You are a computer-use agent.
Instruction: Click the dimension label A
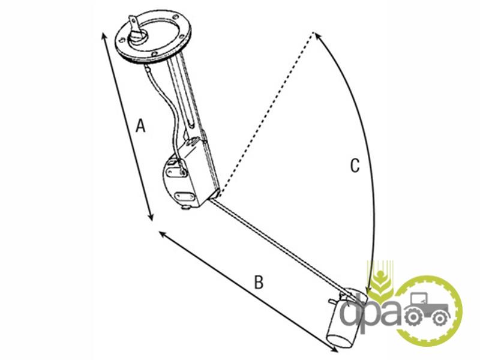click(140, 125)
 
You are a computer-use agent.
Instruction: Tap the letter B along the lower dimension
click(259, 282)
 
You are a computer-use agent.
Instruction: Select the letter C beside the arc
click(355, 166)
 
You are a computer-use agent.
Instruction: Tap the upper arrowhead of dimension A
click(103, 35)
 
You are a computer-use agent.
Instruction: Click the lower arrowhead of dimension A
click(151, 217)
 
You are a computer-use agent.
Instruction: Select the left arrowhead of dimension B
click(162, 235)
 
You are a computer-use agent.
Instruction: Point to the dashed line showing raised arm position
click(266, 113)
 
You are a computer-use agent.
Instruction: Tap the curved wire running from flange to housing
click(165, 113)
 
